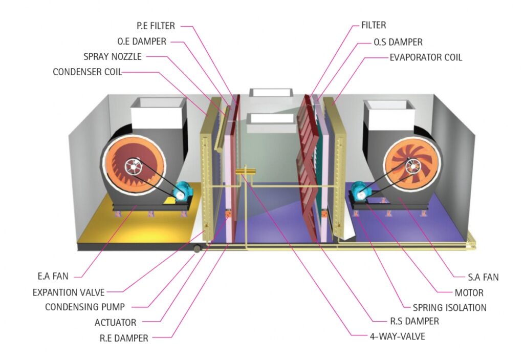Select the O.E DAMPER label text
coord(142,41)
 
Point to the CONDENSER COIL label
coord(88,72)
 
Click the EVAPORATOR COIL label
coord(426,57)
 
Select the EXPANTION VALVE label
coord(69,292)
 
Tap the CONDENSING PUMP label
coord(85,307)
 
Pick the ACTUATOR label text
coord(116,323)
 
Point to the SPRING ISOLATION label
coord(450,308)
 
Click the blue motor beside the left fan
coord(180,191)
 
